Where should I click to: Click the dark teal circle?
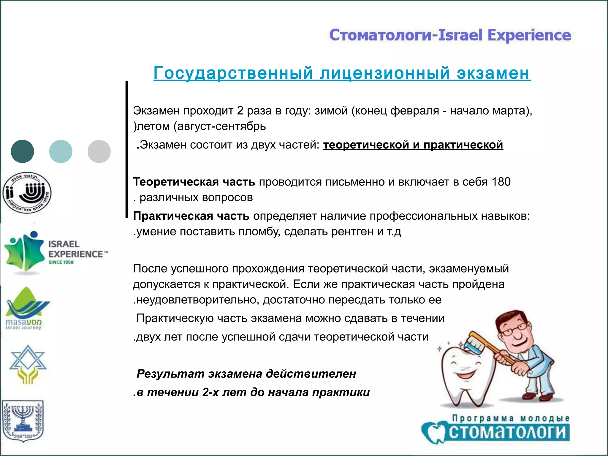(x=22, y=151)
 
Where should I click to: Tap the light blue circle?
(x=61, y=151)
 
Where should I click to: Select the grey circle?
(x=99, y=151)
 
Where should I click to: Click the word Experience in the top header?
(x=529, y=35)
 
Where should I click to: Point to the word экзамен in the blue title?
(x=493, y=73)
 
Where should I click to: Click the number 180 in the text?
(x=501, y=182)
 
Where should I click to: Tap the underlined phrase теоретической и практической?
(x=413, y=145)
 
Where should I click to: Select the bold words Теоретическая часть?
(x=194, y=182)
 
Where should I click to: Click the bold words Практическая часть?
(x=191, y=216)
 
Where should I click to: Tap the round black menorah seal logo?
(x=27, y=193)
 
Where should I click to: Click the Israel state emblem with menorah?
(x=23, y=422)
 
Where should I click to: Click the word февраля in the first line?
(x=414, y=111)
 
